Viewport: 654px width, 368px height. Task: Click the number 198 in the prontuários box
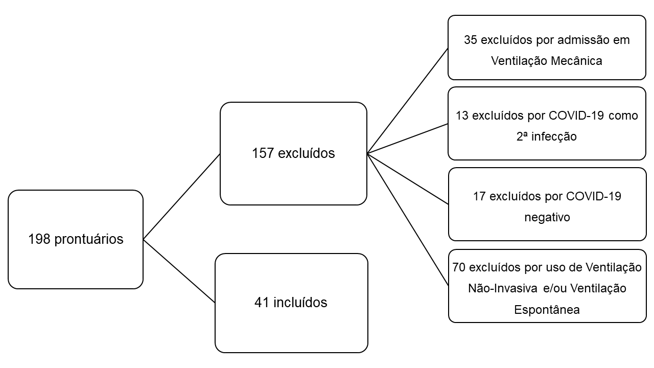click(39, 239)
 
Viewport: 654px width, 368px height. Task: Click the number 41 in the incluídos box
click(262, 303)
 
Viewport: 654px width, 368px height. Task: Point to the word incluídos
click(300, 303)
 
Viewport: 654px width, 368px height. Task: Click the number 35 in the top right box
click(471, 40)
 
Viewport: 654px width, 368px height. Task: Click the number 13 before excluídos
click(462, 116)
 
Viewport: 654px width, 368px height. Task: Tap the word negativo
click(547, 217)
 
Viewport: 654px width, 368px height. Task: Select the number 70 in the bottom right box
click(459, 267)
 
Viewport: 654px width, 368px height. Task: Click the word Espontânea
click(547, 310)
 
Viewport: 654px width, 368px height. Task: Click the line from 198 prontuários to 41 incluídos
click(179, 271)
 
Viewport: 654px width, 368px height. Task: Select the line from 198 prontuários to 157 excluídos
click(181, 197)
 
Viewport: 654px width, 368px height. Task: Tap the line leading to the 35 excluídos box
click(408, 101)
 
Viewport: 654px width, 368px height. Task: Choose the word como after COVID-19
click(624, 116)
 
